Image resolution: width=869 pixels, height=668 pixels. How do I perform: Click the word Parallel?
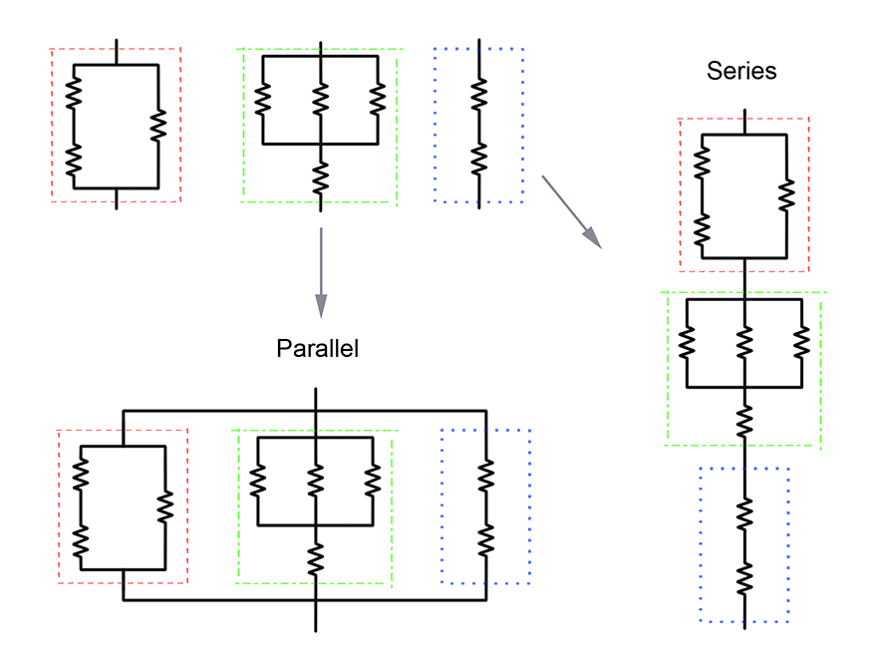pyautogui.click(x=317, y=349)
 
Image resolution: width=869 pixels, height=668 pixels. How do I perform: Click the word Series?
pyautogui.click(x=741, y=71)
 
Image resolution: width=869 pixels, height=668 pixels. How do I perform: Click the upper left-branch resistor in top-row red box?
pyautogui.click(x=74, y=96)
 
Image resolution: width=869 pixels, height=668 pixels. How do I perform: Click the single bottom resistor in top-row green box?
pyautogui.click(x=320, y=178)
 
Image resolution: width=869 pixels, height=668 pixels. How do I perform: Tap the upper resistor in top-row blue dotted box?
pyautogui.click(x=478, y=96)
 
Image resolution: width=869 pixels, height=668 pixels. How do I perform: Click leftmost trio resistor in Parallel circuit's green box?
pyautogui.click(x=257, y=481)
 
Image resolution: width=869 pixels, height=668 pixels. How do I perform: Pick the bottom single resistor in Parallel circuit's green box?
pyautogui.click(x=315, y=557)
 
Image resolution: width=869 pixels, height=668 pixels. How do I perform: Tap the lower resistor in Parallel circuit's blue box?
pyautogui.click(x=485, y=539)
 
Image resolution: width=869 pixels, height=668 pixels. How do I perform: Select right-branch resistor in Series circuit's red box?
pyautogui.click(x=787, y=194)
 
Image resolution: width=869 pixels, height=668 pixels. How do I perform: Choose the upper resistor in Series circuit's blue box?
pyautogui.click(x=744, y=514)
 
